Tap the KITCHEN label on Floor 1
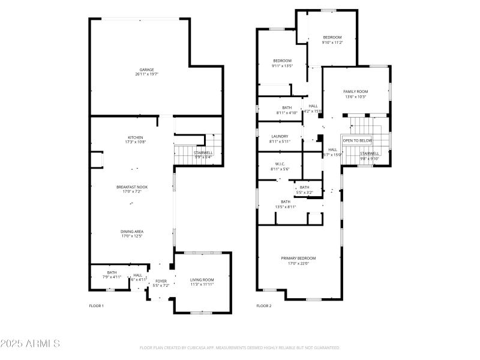coord(135,137)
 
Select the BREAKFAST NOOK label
coord(132,187)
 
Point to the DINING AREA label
coord(132,232)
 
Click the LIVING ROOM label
coord(202,280)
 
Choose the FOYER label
coord(161,281)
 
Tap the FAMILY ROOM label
coord(355,91)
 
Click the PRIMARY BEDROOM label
coord(298,258)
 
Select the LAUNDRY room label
coord(280,136)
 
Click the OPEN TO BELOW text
coord(358,140)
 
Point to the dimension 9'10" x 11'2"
coord(332,43)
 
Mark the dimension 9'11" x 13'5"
coord(282,66)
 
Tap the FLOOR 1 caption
coord(97,306)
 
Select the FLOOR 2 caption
coord(264,306)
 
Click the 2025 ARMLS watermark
coord(30,344)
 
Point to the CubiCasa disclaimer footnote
coord(240,347)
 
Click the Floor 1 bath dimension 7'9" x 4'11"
coord(112,277)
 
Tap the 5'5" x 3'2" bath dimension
coord(305,193)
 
